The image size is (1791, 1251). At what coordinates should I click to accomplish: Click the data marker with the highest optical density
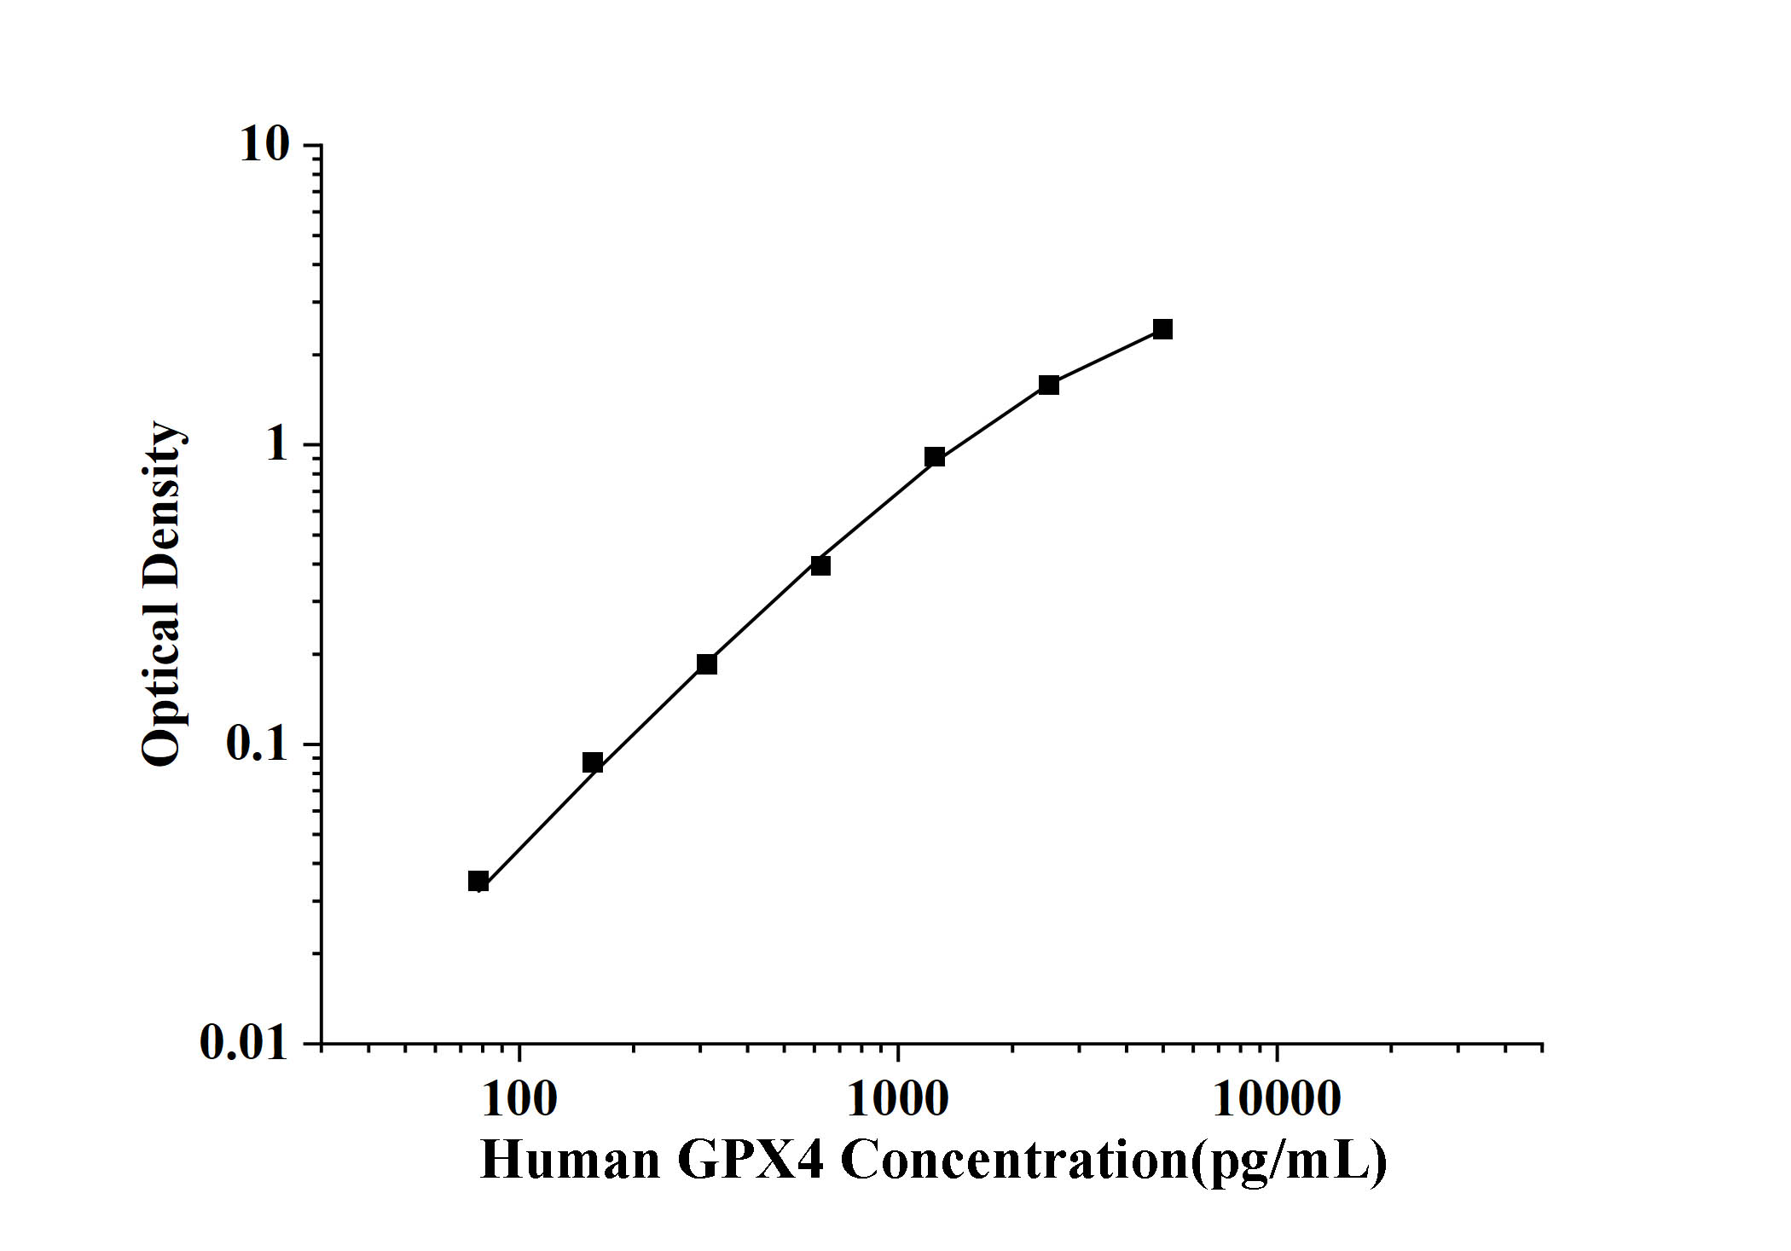tap(1162, 329)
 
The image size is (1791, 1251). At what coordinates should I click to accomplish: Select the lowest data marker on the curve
tap(478, 881)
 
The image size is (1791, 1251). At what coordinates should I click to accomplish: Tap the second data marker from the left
tap(593, 762)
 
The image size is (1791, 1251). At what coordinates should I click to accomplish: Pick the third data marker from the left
tap(707, 664)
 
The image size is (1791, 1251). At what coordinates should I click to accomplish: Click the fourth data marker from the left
tap(820, 565)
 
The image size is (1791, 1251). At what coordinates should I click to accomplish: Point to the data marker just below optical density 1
tap(935, 457)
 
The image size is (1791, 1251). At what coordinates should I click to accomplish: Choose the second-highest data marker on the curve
tap(1049, 385)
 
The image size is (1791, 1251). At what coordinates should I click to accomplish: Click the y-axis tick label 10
tap(265, 145)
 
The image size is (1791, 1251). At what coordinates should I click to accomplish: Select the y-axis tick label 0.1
tap(257, 744)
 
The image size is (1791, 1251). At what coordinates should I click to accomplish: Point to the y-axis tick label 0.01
tap(244, 1042)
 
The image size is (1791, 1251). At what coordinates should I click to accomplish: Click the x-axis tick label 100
tap(519, 1100)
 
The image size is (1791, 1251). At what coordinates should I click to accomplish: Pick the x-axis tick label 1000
tap(897, 1100)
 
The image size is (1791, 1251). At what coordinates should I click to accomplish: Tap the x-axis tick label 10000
tap(1276, 1100)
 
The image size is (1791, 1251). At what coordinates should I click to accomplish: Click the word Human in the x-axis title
tap(571, 1161)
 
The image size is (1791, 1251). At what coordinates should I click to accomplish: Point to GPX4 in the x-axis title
tap(751, 1161)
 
